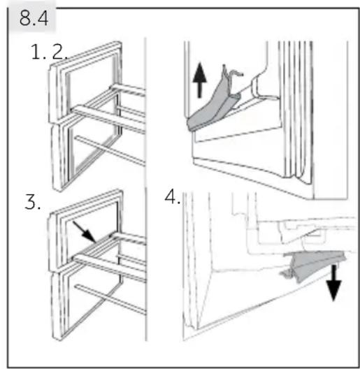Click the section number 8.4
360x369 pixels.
[34, 18]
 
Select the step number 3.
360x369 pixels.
[32, 202]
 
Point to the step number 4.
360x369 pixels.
[173, 197]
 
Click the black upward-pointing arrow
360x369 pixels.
[200, 80]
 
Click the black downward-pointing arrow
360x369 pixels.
[334, 282]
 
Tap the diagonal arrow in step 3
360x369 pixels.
[85, 232]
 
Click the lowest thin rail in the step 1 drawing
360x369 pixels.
[110, 150]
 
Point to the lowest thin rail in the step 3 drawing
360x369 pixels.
[110, 299]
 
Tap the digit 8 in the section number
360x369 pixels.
[25, 18]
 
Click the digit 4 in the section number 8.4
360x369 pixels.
[43, 18]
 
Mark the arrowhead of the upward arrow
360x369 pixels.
[200, 73]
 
